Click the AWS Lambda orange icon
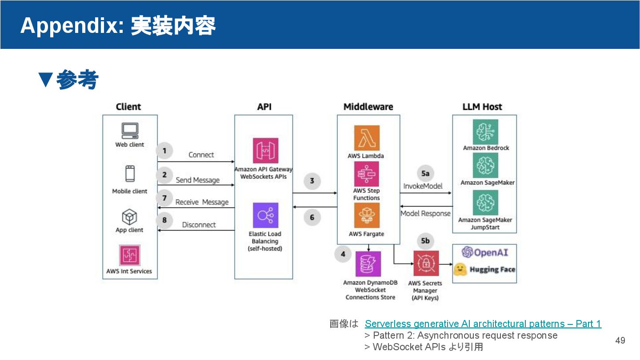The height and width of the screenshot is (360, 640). click(x=367, y=138)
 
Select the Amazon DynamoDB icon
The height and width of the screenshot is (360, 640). click(x=368, y=264)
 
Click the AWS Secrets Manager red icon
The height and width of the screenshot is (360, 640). click(x=426, y=264)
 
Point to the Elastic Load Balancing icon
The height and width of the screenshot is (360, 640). click(x=265, y=216)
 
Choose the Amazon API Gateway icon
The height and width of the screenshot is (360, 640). click(x=265, y=151)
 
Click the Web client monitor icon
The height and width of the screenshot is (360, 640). click(x=130, y=131)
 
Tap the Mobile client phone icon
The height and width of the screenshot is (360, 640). click(x=130, y=173)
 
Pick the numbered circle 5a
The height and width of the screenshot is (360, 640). click(x=425, y=173)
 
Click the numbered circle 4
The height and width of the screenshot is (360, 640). click(x=343, y=254)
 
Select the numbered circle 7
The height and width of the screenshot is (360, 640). click(x=164, y=198)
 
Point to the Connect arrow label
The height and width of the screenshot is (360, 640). click(x=201, y=155)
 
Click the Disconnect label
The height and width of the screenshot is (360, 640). click(x=199, y=225)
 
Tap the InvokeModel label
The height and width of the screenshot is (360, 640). click(x=423, y=186)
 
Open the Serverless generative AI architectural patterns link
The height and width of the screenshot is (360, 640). click(x=483, y=324)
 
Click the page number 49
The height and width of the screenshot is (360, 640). click(x=620, y=340)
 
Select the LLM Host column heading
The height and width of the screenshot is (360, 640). click(x=482, y=107)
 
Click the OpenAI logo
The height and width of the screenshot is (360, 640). click(x=485, y=252)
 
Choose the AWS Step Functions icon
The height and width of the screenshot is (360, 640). click(x=367, y=174)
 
